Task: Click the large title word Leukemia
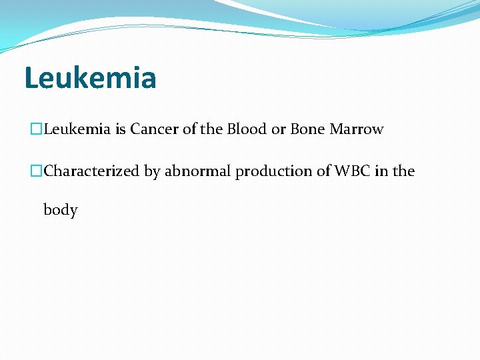(90, 77)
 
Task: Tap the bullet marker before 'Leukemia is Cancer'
(37, 129)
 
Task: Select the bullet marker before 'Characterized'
(37, 171)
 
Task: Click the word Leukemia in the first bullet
(77, 129)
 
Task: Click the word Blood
(247, 129)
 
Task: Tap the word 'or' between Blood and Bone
(278, 129)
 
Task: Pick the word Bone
(307, 129)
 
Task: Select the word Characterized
(92, 171)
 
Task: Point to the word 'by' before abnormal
(152, 172)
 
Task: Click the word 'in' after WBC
(381, 171)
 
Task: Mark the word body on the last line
(61, 210)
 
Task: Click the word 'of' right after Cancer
(189, 129)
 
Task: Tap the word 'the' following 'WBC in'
(403, 171)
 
